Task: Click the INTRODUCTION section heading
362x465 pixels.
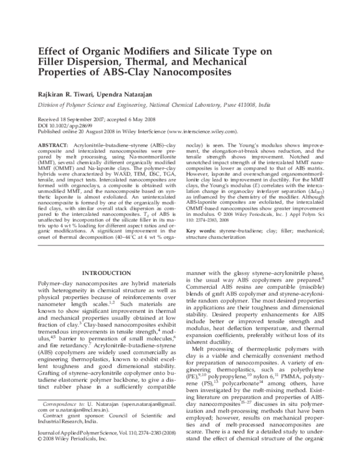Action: pyautogui.click(x=109, y=273)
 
